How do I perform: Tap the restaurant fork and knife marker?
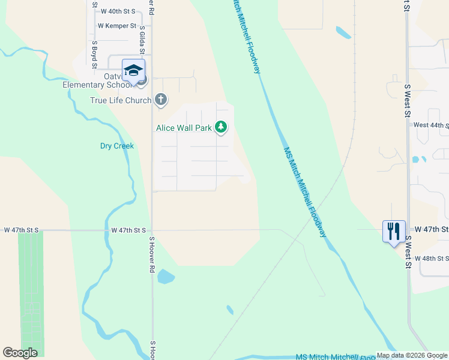tap(393, 230)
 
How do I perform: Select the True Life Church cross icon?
tap(160, 100)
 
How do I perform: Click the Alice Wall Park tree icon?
tap(221, 127)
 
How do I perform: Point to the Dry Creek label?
tap(116, 146)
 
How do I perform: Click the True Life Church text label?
tap(121, 100)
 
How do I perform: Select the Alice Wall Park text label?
tap(184, 128)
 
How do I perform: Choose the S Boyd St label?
tap(94, 52)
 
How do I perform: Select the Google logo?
tap(20, 353)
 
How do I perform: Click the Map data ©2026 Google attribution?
tap(412, 355)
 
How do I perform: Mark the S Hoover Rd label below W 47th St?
tap(152, 254)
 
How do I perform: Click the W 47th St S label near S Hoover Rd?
tap(129, 230)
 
